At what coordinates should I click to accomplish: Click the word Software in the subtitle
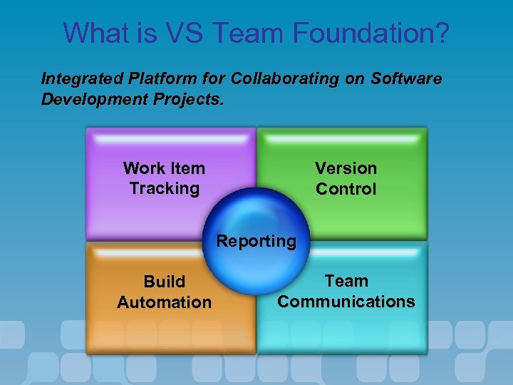406,78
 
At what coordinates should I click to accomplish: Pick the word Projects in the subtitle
190,98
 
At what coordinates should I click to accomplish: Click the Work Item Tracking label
164,178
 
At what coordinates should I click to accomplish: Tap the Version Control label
346,178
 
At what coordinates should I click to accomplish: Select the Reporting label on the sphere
256,241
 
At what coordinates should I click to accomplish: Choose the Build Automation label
164,292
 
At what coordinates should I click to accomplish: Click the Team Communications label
346,292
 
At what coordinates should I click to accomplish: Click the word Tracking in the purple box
164,189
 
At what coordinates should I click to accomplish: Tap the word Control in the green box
346,189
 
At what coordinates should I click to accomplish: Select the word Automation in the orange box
164,302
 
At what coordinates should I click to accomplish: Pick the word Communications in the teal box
346,302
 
